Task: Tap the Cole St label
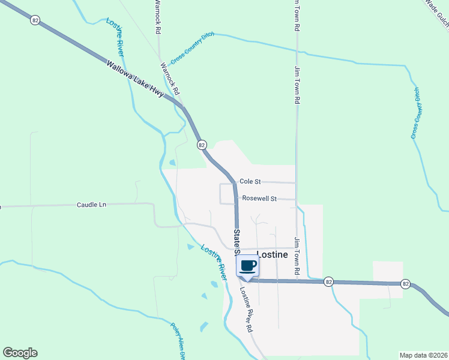(250, 181)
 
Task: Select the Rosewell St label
(259, 198)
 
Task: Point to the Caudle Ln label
(91, 205)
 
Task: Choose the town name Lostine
(273, 254)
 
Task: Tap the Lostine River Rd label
(246, 309)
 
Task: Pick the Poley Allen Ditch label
(177, 341)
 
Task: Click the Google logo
(20, 353)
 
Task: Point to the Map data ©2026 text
(424, 355)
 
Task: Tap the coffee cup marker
(248, 266)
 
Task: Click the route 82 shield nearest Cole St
(202, 145)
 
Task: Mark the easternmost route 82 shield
(406, 283)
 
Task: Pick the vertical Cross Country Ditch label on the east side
(416, 113)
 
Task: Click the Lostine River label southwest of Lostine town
(214, 261)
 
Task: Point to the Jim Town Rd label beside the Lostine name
(297, 257)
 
